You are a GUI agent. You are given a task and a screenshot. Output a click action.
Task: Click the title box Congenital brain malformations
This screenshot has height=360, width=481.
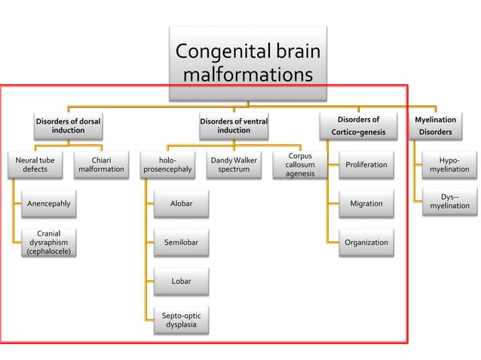(247, 63)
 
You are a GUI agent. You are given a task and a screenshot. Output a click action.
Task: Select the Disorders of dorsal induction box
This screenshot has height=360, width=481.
(68, 125)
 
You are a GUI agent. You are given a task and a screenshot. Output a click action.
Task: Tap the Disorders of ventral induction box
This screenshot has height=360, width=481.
(234, 125)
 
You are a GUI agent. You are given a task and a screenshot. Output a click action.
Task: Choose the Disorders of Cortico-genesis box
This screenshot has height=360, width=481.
(358, 125)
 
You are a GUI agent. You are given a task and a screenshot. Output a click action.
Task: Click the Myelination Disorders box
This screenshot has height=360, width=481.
(436, 125)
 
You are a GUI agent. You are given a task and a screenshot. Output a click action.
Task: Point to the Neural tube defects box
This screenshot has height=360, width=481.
(35, 165)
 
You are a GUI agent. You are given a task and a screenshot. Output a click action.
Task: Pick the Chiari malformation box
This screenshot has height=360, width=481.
(101, 165)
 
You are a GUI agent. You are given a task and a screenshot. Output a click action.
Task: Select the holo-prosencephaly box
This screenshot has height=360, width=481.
(168, 165)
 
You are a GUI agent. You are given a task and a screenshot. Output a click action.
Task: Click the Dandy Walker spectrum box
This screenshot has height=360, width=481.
(234, 165)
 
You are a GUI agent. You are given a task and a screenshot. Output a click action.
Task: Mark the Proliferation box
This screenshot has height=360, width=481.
(366, 165)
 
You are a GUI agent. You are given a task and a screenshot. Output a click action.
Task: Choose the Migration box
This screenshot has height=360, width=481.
(366, 203)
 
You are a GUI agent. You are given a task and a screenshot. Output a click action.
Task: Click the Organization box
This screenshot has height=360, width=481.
(366, 243)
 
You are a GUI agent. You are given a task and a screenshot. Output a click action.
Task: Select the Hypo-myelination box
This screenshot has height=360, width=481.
(449, 165)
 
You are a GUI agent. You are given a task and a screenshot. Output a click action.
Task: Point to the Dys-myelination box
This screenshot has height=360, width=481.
(449, 202)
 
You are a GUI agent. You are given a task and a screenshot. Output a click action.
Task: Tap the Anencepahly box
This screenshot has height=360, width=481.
(49, 203)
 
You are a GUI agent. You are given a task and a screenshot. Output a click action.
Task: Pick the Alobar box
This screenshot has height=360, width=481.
(181, 203)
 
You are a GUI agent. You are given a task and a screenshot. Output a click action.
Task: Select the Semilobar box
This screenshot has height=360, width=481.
(181, 243)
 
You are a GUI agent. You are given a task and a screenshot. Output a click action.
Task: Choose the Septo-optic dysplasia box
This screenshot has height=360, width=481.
(181, 320)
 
